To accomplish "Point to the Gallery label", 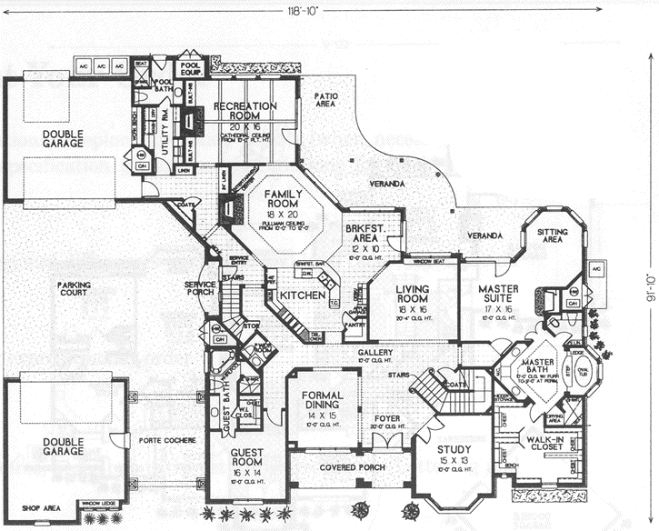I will click(374, 352).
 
